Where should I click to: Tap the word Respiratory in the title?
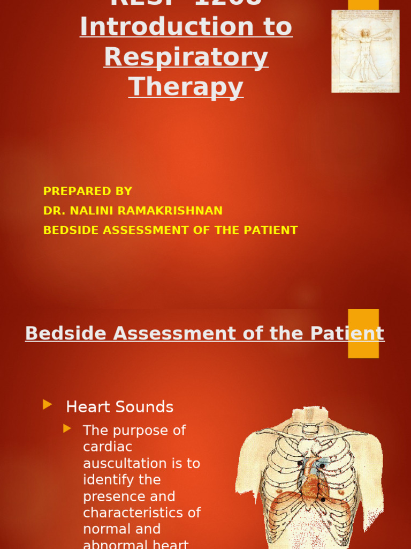(x=186, y=57)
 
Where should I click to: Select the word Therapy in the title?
(x=186, y=87)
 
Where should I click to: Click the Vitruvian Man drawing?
(x=365, y=51)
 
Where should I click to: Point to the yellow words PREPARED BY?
(x=88, y=191)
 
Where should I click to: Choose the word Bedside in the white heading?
(x=66, y=333)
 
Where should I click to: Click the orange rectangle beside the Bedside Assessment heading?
(x=363, y=333)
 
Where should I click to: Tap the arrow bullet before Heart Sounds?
(x=48, y=405)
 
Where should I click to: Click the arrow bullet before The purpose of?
(x=67, y=428)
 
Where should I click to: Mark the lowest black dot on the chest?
(x=323, y=500)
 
